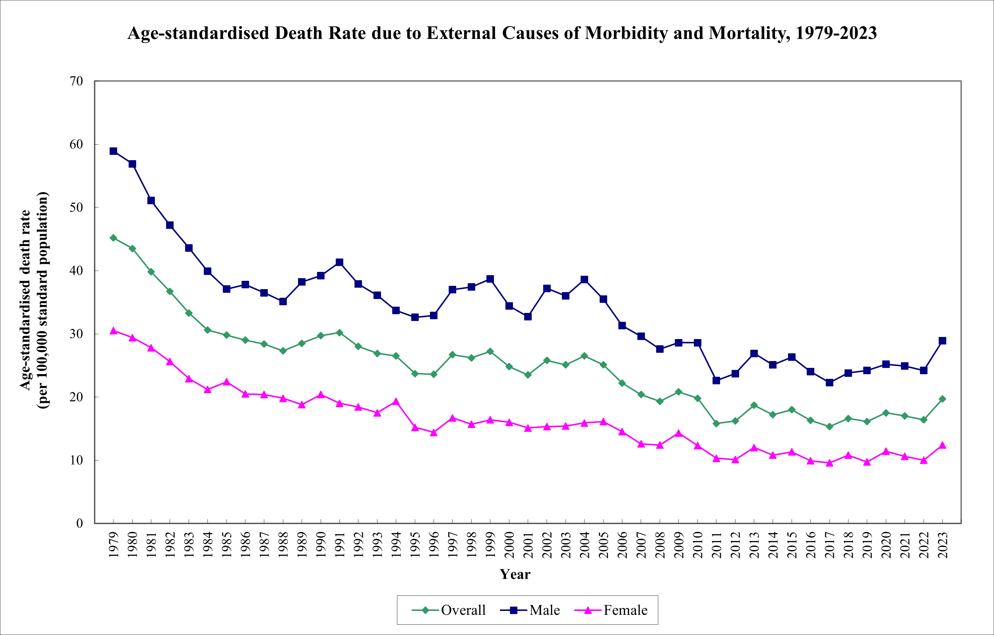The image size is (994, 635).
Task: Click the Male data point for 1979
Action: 114,151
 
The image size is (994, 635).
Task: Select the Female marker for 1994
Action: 396,402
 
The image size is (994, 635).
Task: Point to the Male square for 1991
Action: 339,262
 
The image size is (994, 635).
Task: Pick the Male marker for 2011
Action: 716,380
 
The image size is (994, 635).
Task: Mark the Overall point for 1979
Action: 114,238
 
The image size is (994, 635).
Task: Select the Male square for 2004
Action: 584,280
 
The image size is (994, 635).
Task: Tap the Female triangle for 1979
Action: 114,331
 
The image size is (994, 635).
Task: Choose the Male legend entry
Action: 530,610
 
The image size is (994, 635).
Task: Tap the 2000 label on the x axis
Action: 509,545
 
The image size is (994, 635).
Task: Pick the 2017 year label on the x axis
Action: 829,545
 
